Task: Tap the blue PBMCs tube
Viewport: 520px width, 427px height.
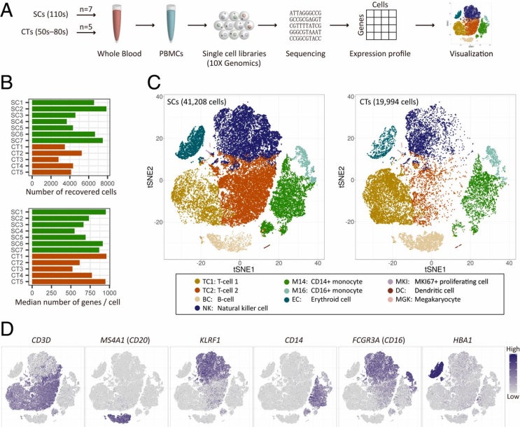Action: (171, 23)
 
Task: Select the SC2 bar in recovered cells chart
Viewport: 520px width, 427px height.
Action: (69, 108)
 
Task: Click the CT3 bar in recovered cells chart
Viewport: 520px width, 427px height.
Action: (45, 160)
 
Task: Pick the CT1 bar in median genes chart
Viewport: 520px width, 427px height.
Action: (69, 256)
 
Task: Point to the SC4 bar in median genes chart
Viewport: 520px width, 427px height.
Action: (53, 231)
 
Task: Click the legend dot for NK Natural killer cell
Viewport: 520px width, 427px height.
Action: (197, 308)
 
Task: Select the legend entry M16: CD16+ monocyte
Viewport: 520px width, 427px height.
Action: (323, 290)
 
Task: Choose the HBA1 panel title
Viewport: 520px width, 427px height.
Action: (462, 340)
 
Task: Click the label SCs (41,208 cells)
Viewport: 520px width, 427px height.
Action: (197, 102)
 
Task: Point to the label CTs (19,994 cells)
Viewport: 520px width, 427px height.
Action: (389, 102)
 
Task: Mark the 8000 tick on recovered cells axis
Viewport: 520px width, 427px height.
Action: (107, 183)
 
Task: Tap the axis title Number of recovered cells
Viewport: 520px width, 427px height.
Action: (71, 192)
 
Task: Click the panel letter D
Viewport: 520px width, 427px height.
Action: (7, 329)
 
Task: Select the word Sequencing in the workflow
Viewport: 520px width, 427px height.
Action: (305, 54)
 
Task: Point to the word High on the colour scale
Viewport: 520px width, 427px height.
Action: (513, 349)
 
